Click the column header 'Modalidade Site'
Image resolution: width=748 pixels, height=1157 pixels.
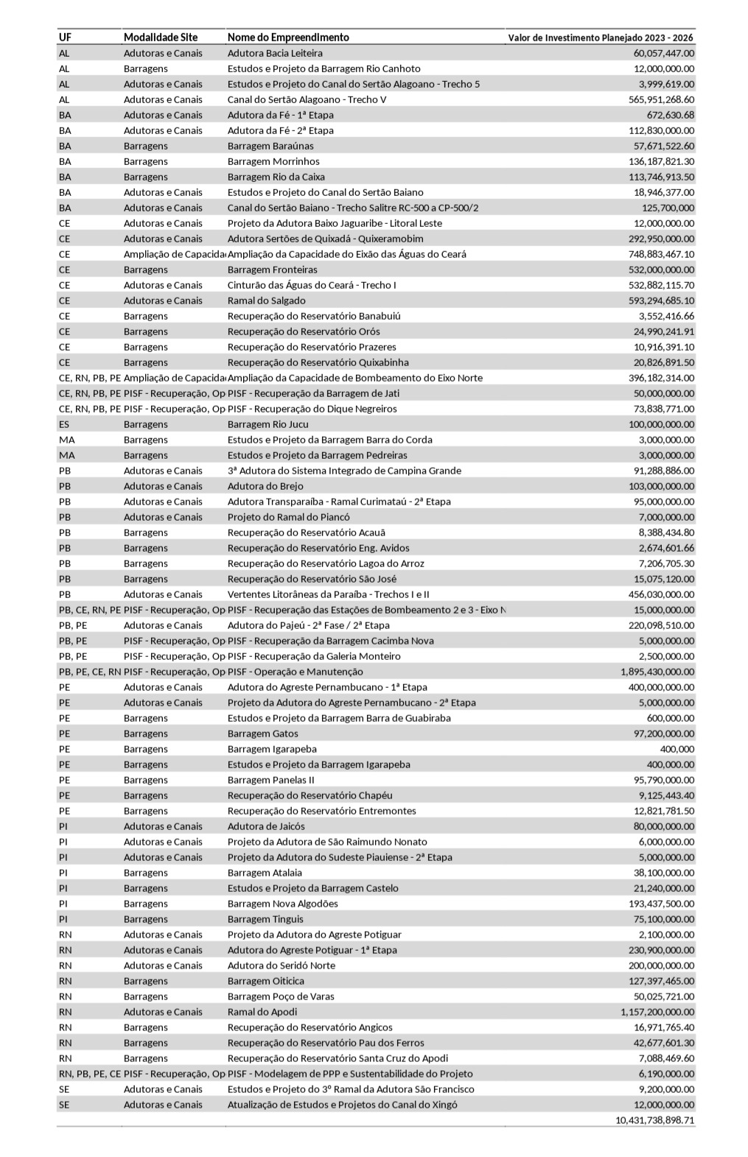tap(161, 38)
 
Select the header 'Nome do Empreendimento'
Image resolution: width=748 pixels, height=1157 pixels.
tap(288, 38)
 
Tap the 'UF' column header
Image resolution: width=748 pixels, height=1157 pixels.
tap(65, 38)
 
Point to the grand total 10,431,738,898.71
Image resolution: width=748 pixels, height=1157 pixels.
tap(654, 1120)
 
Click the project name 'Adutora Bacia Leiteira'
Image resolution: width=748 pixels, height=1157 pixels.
tap(275, 53)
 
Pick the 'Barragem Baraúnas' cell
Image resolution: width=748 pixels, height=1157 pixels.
tap(270, 146)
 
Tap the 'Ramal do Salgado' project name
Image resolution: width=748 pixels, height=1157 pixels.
tap(266, 300)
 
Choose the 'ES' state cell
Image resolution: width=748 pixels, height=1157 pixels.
tap(64, 424)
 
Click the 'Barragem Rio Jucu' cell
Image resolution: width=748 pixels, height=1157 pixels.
tap(268, 424)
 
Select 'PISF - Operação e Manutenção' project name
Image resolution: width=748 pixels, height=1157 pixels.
tap(295, 672)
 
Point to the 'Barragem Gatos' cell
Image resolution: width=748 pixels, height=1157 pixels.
tap(263, 734)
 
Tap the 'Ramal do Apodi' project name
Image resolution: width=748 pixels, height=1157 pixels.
tap(262, 1012)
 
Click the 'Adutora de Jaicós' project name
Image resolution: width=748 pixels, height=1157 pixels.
tap(266, 826)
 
